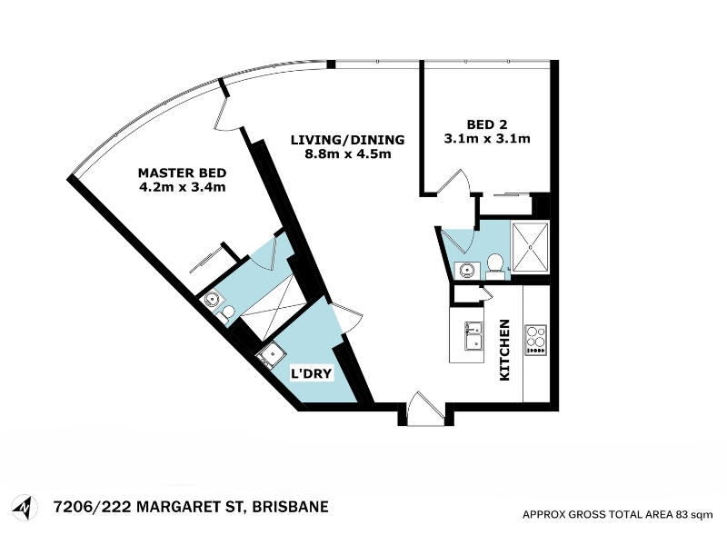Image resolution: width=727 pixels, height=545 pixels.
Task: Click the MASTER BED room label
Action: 183,173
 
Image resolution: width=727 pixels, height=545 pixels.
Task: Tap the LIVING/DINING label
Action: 347,140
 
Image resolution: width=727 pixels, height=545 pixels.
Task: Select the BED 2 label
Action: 487,124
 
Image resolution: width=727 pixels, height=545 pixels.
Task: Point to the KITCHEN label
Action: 504,350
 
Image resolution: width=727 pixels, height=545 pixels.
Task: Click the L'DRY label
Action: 311,373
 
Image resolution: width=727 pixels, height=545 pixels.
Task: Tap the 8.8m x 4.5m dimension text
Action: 348,154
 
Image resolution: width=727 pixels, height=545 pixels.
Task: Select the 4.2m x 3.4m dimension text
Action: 183,187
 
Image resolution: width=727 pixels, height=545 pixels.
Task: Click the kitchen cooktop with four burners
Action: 535,340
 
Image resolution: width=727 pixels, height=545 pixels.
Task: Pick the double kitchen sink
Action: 473,335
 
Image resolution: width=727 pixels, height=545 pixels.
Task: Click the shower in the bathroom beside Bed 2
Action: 530,247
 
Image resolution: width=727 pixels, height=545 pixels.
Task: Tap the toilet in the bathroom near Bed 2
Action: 495,267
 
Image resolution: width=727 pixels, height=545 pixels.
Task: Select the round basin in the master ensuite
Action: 212,300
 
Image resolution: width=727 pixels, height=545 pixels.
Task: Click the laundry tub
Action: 269,355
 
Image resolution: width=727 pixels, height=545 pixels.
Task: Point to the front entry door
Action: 425,409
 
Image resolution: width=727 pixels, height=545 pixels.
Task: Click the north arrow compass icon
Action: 25,508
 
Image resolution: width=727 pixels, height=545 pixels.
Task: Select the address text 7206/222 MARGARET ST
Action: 148,507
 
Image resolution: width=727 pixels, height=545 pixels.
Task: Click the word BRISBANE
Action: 290,507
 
